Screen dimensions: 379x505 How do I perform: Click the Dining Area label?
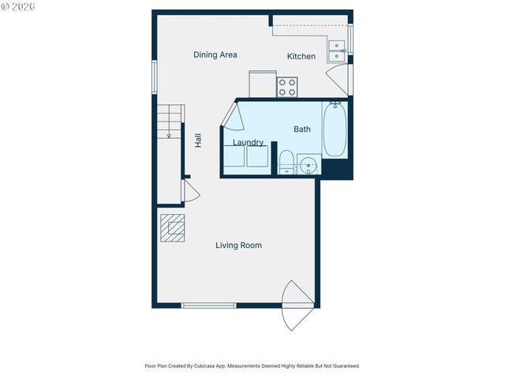[x=215, y=55]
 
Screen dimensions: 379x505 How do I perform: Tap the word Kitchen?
[x=301, y=56]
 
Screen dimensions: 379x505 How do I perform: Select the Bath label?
[x=302, y=129]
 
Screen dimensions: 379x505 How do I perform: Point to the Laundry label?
[x=248, y=143]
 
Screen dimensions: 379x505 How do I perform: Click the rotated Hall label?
[x=199, y=140]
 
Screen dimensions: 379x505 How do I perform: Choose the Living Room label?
[x=238, y=246]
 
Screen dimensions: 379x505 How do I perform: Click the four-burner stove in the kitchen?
[x=287, y=86]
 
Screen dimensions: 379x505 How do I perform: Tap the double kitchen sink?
[x=337, y=51]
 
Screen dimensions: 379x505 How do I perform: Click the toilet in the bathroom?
[x=286, y=160]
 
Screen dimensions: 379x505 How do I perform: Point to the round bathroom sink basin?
[x=309, y=165]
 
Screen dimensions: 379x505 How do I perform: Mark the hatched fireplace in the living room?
[x=172, y=228]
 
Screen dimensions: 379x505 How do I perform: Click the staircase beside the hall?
[x=169, y=122]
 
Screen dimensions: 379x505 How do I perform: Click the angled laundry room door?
[x=230, y=116]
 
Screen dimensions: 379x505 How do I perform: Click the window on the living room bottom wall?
[x=208, y=306]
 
